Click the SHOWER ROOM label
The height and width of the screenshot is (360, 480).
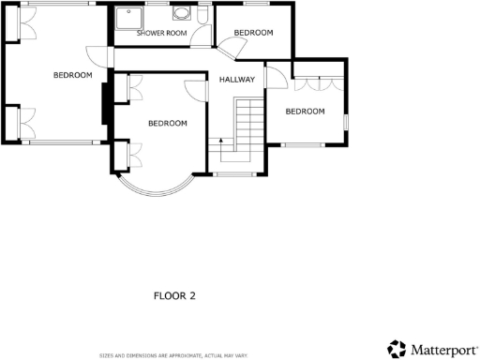[162, 33]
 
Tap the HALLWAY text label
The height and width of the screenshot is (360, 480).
[237, 80]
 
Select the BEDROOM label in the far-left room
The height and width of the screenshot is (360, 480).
[72, 75]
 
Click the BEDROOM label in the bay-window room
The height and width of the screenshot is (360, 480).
[168, 123]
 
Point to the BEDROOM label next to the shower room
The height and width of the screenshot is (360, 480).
[253, 33]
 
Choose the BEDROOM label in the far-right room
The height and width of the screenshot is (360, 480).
[305, 112]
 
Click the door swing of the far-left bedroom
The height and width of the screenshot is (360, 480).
[96, 55]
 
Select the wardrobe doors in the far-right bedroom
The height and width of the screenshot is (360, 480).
[317, 84]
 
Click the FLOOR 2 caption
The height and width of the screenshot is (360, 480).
[174, 296]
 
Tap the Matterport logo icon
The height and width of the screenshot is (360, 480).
[397, 349]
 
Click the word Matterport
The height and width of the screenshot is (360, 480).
[442, 350]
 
